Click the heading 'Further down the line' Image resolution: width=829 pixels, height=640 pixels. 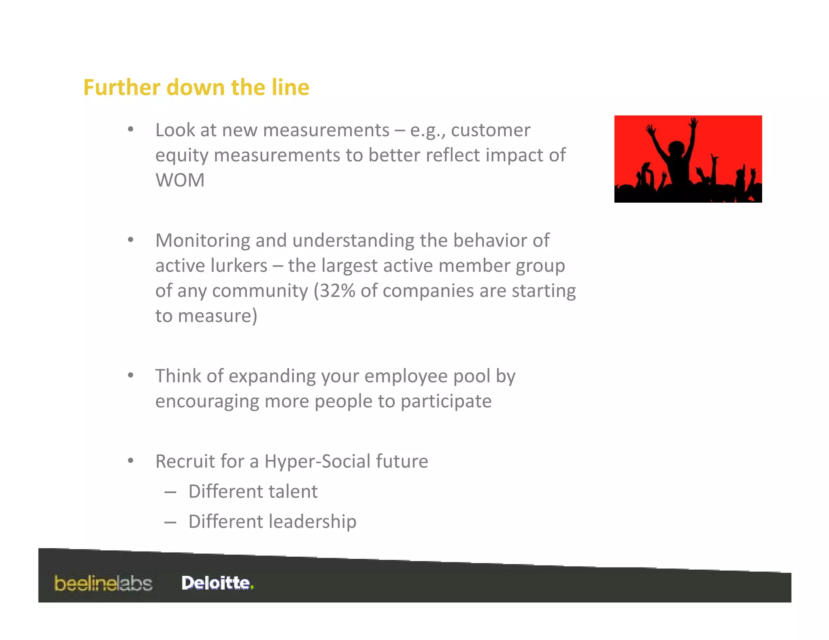[196, 87]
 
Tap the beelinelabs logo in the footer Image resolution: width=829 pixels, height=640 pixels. [103, 583]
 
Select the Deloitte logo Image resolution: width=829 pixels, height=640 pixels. [217, 583]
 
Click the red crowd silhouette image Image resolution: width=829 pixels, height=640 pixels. [688, 159]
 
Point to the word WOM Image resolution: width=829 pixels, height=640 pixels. [180, 180]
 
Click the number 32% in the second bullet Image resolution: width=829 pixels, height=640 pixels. [338, 291]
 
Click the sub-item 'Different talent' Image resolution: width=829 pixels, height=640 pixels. [253, 492]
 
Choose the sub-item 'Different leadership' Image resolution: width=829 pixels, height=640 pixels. [272, 521]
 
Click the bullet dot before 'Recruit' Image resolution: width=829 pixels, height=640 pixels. [130, 461]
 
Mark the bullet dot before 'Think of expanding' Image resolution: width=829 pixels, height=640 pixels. [130, 375]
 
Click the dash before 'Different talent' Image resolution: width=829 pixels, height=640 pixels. [170, 492]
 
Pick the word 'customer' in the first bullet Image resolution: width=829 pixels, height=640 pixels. [491, 130]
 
